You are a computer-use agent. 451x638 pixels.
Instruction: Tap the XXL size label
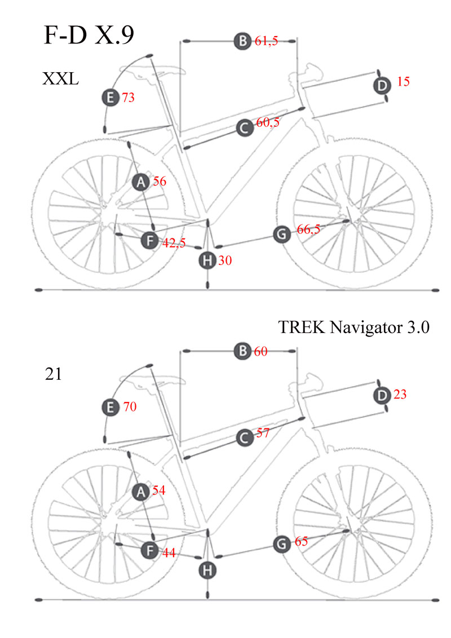[x=60, y=78]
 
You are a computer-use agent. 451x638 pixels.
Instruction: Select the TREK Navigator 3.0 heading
[x=354, y=327]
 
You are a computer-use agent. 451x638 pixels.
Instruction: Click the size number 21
[x=54, y=374]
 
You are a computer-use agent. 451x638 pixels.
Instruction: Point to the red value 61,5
[x=266, y=41]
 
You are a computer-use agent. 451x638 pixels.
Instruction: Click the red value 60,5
[x=268, y=123]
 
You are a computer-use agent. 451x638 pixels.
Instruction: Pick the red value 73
[x=128, y=98]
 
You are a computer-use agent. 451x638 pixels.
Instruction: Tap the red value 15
[x=403, y=82]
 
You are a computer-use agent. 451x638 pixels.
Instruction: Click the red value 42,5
[x=174, y=243]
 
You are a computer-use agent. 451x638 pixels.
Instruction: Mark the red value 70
[x=130, y=406]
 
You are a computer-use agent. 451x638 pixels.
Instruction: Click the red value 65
[x=301, y=542]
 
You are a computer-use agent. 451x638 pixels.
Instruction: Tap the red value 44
[x=169, y=553]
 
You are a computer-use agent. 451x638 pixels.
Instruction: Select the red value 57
[x=262, y=434]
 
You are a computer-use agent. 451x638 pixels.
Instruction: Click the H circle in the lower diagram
[x=208, y=570]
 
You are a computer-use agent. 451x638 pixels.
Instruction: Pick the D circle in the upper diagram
[x=382, y=86]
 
